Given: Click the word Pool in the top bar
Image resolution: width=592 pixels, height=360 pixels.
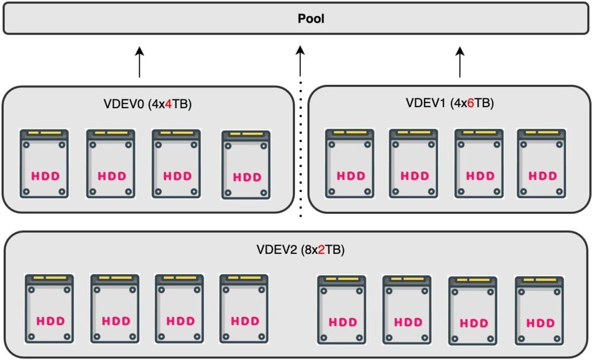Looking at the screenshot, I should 311,19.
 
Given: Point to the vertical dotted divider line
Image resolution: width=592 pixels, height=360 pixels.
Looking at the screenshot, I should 300,149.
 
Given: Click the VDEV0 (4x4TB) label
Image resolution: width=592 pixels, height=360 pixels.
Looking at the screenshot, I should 147,105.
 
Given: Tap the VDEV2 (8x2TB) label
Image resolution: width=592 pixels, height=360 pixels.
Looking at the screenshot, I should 300,249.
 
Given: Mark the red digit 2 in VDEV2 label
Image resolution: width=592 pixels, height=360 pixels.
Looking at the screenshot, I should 321,249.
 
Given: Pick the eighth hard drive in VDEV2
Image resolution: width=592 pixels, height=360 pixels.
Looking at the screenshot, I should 539,311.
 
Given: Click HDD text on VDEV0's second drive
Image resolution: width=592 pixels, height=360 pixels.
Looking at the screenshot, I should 111,175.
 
